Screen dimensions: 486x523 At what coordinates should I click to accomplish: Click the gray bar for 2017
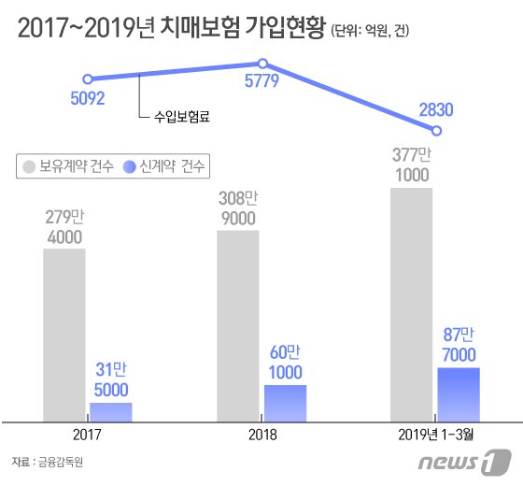click(x=64, y=334)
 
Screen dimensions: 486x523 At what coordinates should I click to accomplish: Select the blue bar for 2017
click(x=110, y=411)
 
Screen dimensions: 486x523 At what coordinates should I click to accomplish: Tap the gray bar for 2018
click(x=238, y=324)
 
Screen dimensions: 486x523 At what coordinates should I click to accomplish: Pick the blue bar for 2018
click(x=285, y=402)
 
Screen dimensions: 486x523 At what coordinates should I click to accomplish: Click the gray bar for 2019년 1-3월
click(x=411, y=304)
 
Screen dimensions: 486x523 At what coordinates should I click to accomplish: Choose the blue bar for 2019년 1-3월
click(x=459, y=393)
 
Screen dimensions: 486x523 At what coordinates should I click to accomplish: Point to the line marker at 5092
click(x=87, y=79)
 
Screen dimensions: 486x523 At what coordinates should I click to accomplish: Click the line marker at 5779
click(x=262, y=64)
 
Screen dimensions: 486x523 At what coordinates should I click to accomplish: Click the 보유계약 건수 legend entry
click(x=66, y=167)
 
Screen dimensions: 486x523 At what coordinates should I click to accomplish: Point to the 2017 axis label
click(x=87, y=436)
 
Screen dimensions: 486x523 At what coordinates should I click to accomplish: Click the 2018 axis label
click(x=262, y=436)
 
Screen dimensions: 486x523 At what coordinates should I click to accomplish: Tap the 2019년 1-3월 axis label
click(x=436, y=436)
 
